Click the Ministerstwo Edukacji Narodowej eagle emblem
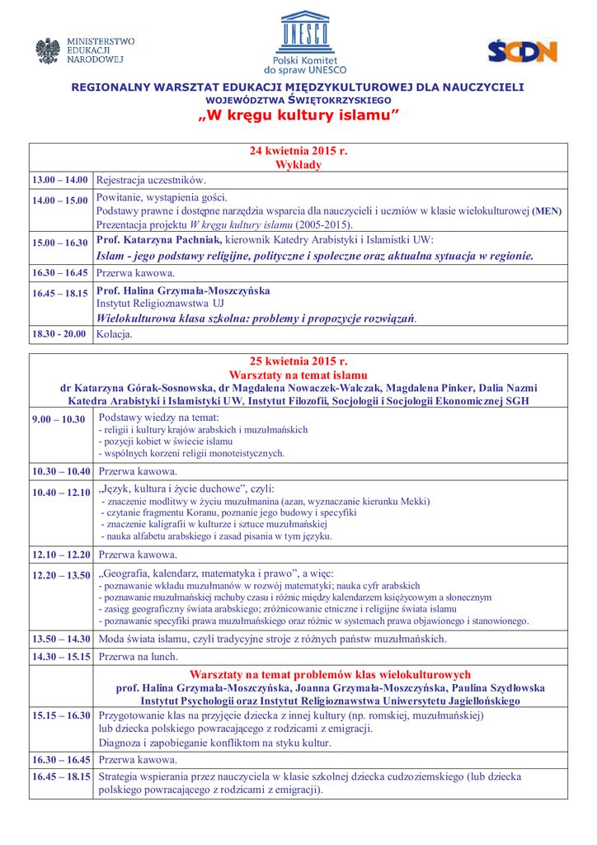coord(49,51)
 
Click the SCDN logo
coord(522,52)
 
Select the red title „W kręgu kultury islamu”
coord(298,116)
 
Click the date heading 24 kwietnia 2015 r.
coord(298,152)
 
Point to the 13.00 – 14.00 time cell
coord(60,180)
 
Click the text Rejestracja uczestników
coord(151,180)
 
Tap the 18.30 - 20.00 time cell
coord(59,334)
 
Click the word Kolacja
coord(115,334)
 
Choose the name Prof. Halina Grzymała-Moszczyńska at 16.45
coord(183,290)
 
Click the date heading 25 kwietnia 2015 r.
coord(298,361)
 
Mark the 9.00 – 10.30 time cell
coord(59,419)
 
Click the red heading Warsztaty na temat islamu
coord(298,375)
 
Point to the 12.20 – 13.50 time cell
coord(61,575)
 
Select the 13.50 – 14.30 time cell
coord(61,639)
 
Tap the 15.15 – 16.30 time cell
coord(61,715)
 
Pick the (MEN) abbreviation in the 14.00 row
coord(547,211)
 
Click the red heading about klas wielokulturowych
coord(330,674)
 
